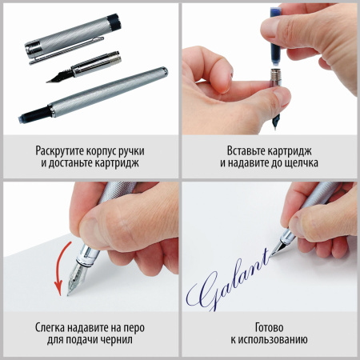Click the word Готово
click(270, 326)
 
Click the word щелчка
click(298, 163)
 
